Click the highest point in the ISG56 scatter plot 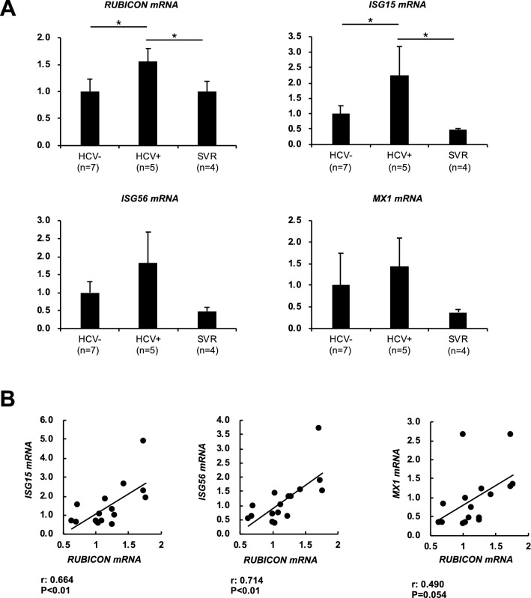[318, 428]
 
